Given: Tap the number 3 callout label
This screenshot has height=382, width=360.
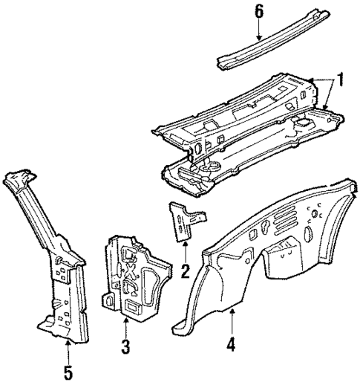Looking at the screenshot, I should click(126, 346).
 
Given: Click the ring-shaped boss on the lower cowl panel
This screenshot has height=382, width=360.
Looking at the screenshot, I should click(209, 163).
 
